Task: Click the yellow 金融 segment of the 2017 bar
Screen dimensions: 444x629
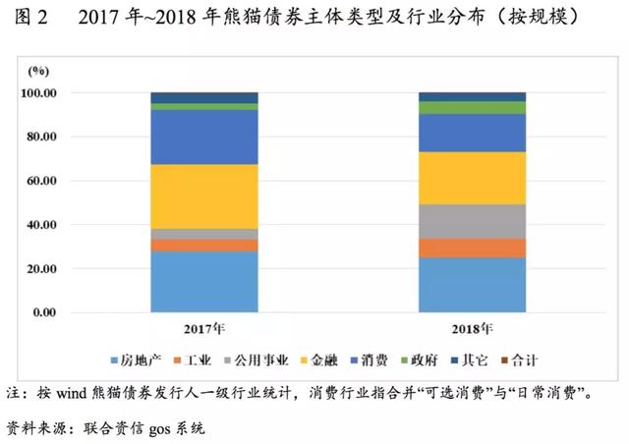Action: coord(203,196)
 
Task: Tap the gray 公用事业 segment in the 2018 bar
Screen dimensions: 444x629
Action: coord(473,221)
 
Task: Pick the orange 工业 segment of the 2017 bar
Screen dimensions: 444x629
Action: coord(203,246)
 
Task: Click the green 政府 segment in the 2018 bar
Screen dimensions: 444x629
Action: coord(473,107)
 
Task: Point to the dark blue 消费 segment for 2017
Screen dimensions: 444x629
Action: coord(203,137)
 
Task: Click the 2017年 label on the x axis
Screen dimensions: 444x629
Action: coord(204,328)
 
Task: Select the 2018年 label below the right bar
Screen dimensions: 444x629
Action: coord(474,328)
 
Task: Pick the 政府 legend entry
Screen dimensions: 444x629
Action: coord(425,361)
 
